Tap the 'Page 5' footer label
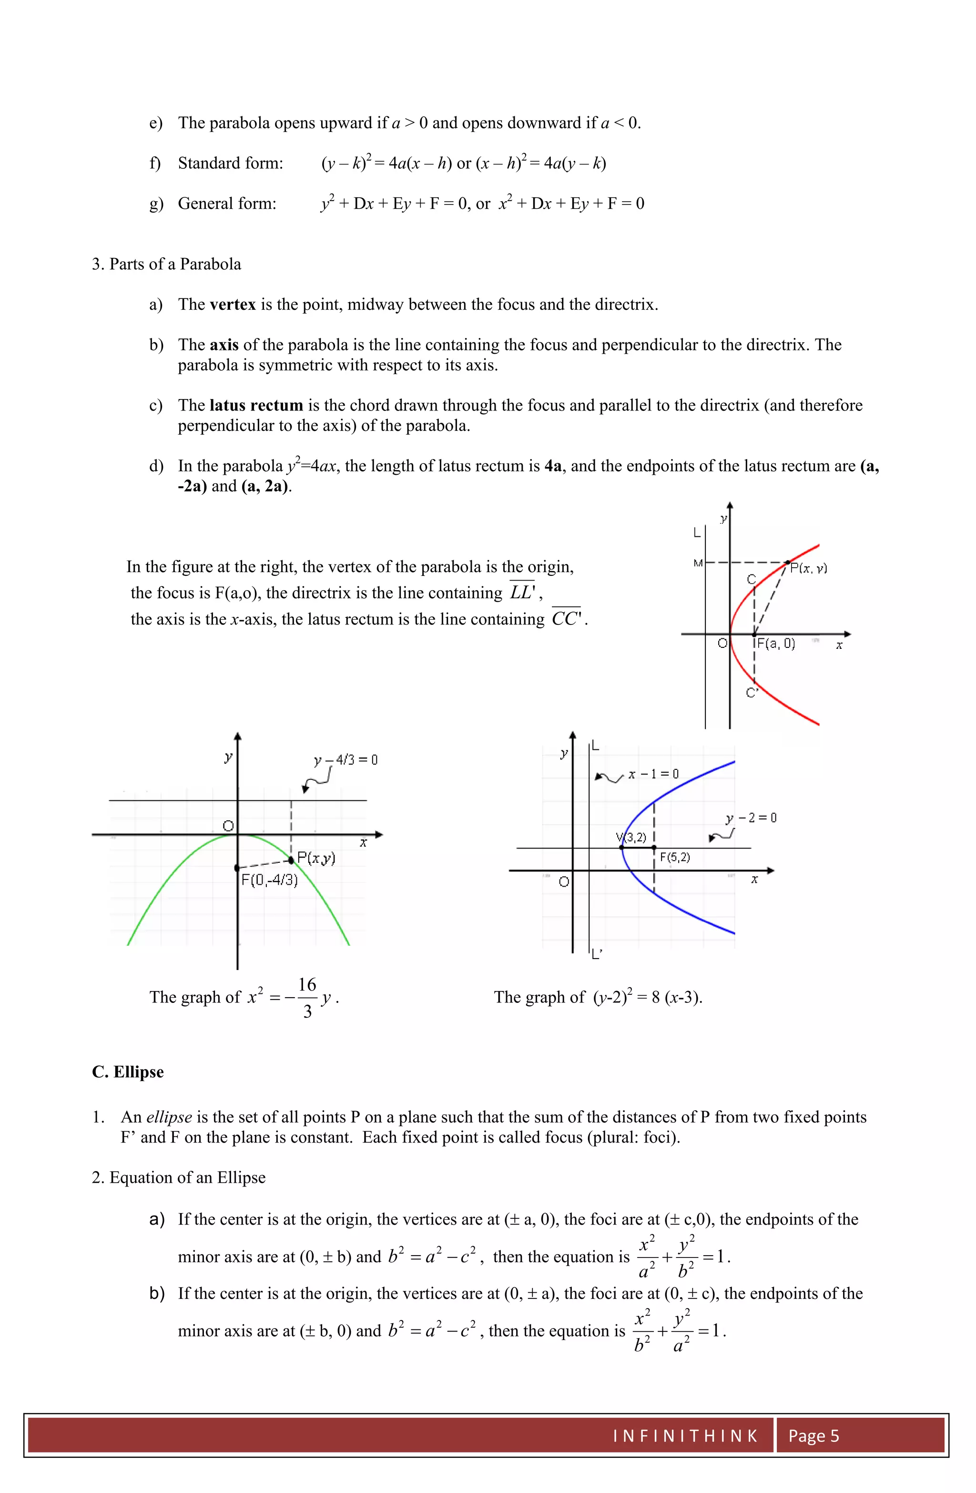coord(813,1436)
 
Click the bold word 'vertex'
coord(233,305)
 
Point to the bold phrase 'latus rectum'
coord(256,405)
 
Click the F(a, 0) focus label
coord(776,643)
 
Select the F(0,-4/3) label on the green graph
coord(270,879)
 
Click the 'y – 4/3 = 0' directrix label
coord(346,760)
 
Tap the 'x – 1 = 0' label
coord(653,774)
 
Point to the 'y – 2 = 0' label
coord(751,818)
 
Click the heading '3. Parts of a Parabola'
coord(166,264)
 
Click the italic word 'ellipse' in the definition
coord(169,1117)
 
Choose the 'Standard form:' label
coord(230,164)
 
